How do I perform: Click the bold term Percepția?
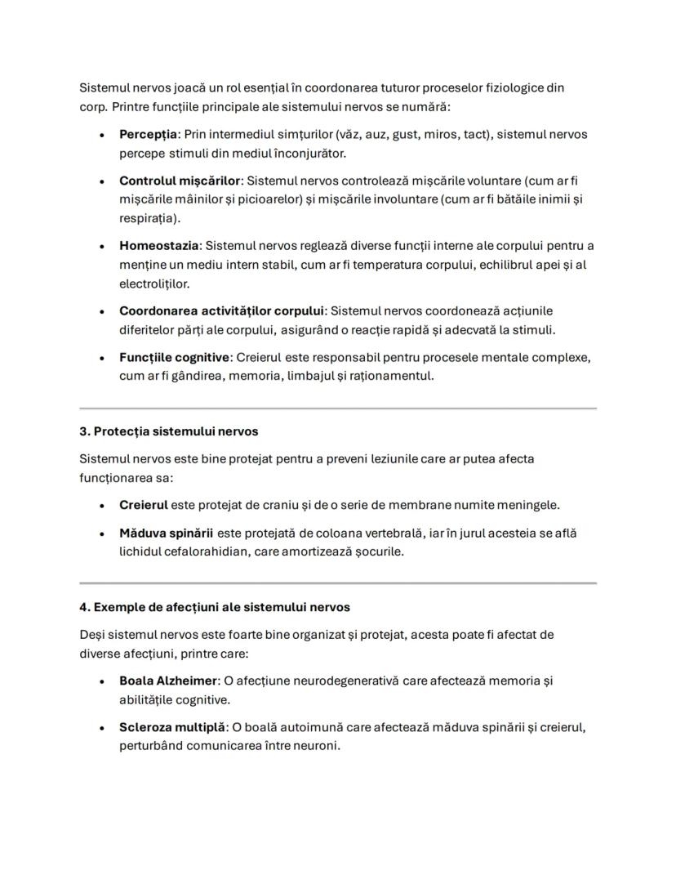[x=148, y=134]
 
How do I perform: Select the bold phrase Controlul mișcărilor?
[x=180, y=181]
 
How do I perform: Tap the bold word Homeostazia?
[x=159, y=246]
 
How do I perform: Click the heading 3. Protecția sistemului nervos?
[x=169, y=431]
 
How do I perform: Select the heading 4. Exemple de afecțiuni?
[x=215, y=607]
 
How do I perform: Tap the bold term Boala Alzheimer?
[x=169, y=681]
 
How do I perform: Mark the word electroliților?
[x=154, y=283]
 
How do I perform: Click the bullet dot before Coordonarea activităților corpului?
[x=101, y=312]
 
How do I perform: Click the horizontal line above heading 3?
[x=337, y=408]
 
